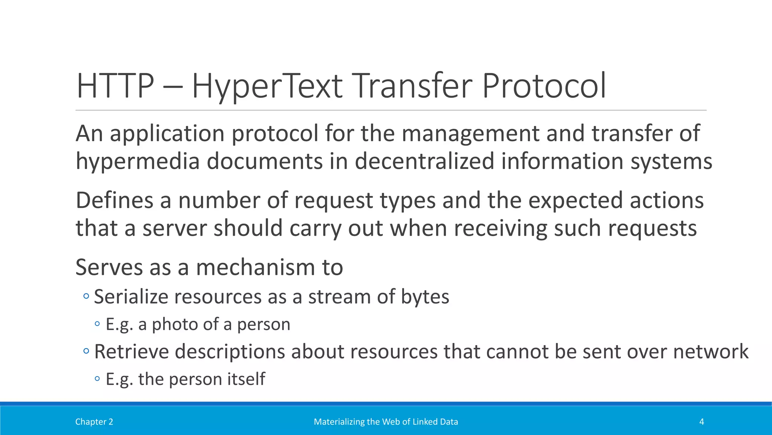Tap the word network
pos(711,352)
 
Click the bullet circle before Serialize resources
pos(86,296)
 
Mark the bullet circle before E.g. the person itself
pos(98,379)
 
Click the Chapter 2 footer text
pos(94,422)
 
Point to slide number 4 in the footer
pos(702,422)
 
